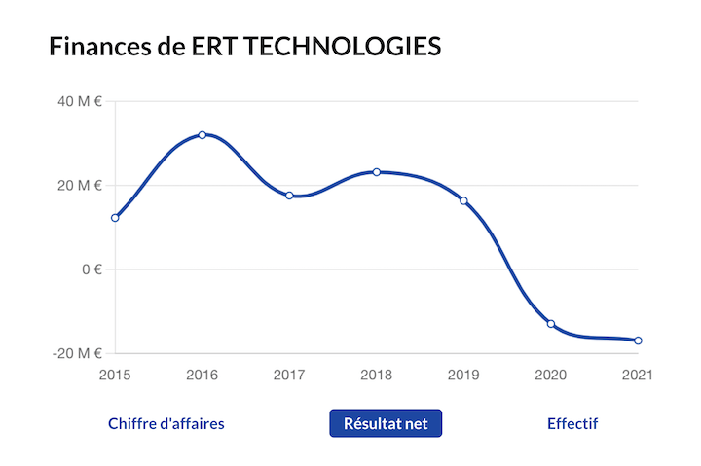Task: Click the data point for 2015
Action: [115, 218]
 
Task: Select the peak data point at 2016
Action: [203, 135]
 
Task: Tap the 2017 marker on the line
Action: [289, 196]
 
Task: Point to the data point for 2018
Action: [377, 172]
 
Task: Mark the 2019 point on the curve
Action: [463, 200]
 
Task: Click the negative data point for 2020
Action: [551, 324]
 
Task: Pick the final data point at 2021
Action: [638, 341]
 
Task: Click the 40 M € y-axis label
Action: [81, 101]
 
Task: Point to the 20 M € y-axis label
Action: [81, 185]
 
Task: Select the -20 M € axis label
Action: [78, 353]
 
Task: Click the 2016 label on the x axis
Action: [203, 375]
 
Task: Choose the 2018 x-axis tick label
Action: [377, 375]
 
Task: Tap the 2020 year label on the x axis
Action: [551, 375]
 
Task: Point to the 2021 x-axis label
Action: [637, 375]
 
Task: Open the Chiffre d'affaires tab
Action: [166, 424]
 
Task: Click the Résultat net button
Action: [386, 424]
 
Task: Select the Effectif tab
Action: [572, 424]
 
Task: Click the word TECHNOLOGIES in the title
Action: [337, 46]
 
